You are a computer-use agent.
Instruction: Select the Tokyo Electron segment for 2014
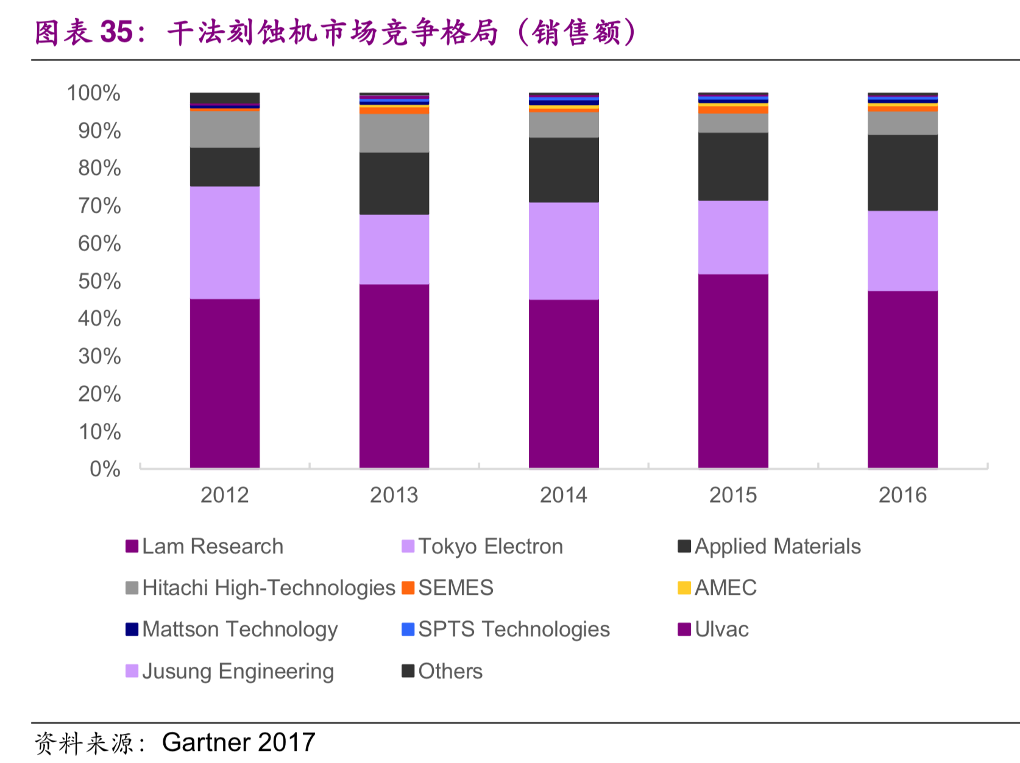(564, 250)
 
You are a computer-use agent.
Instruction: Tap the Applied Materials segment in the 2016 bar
(902, 172)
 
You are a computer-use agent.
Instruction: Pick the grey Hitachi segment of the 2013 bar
(394, 133)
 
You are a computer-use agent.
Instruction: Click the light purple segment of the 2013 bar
(394, 249)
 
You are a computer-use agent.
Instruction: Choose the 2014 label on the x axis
(564, 495)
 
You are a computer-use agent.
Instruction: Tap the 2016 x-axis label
(902, 495)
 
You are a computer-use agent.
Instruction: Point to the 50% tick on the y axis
(99, 281)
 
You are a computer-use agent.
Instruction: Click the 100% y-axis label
(94, 93)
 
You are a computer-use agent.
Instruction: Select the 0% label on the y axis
(105, 469)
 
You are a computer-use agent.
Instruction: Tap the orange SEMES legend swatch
(408, 588)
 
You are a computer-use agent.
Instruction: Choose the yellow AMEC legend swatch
(684, 588)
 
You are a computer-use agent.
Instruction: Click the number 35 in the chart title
(116, 32)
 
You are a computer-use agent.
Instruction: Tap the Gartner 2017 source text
(238, 742)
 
